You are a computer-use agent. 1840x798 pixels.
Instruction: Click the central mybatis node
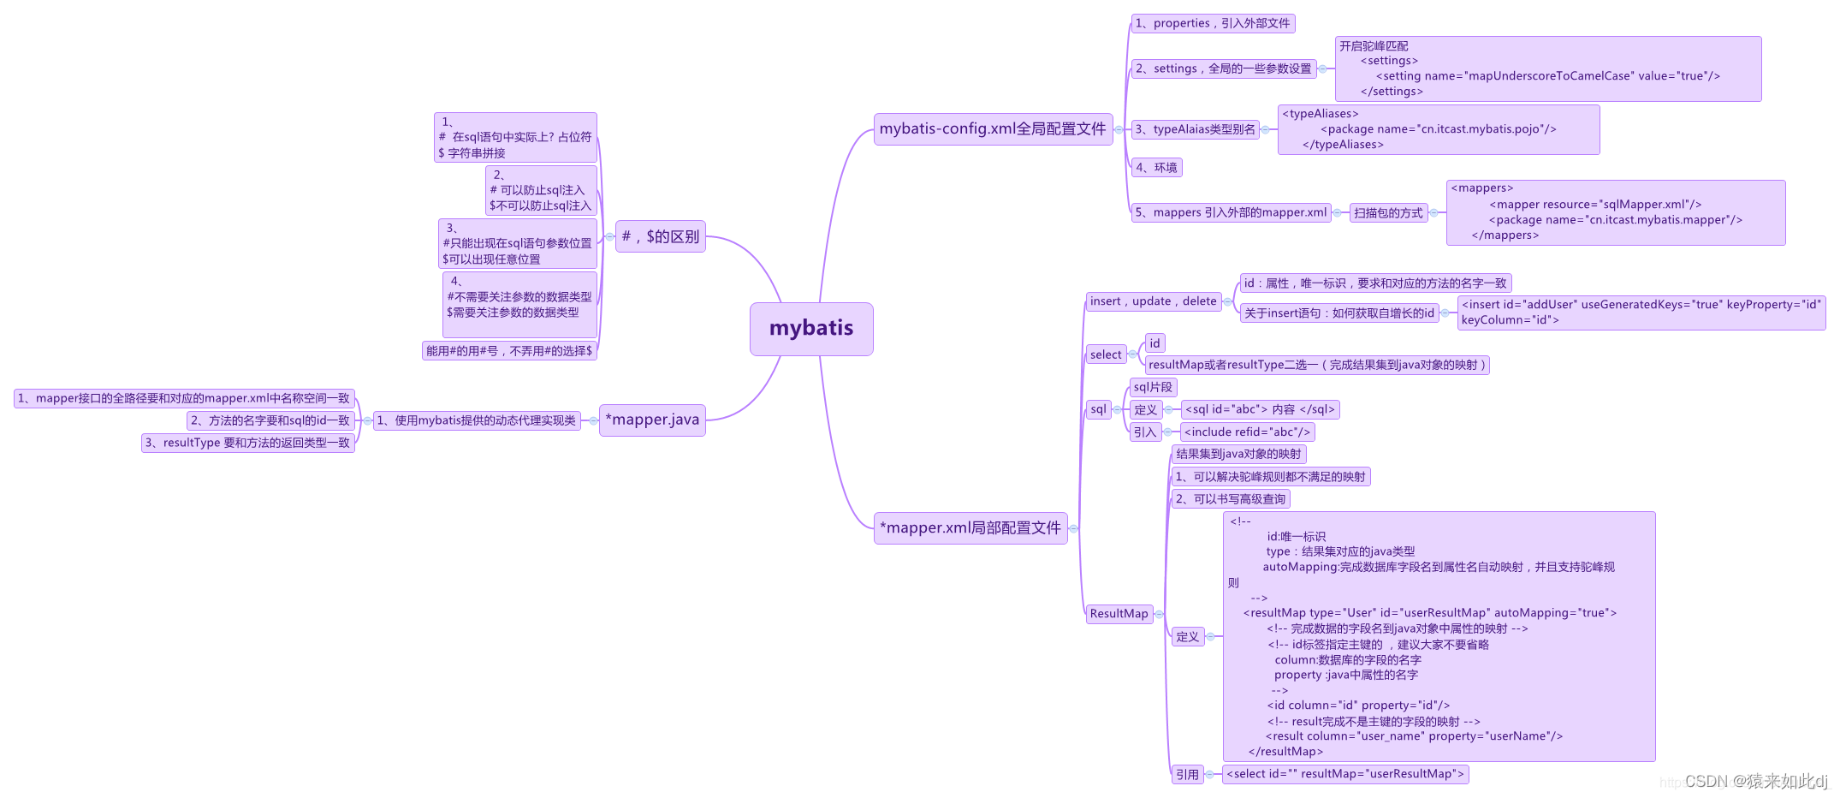click(x=810, y=329)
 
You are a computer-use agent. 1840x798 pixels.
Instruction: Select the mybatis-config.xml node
click(x=993, y=129)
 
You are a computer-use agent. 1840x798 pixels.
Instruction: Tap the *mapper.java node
click(x=652, y=420)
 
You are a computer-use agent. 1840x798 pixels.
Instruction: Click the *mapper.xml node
click(x=970, y=528)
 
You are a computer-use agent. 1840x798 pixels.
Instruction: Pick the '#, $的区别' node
click(x=660, y=236)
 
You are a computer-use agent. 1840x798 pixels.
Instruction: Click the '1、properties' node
click(x=1212, y=23)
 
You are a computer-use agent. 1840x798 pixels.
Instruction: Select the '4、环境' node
click(x=1156, y=168)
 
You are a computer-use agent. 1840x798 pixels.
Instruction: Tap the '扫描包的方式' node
click(x=1388, y=213)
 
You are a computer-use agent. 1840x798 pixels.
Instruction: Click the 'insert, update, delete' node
click(x=1153, y=301)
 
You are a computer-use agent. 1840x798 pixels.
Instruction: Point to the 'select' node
click(x=1106, y=354)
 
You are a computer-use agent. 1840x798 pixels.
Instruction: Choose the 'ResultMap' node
click(x=1119, y=614)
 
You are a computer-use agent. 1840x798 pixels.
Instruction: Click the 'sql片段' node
click(x=1153, y=387)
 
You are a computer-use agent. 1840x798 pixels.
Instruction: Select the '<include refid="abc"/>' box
click(x=1247, y=432)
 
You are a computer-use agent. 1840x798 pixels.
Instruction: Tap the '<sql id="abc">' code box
click(x=1260, y=410)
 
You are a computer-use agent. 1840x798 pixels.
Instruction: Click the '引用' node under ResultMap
click(x=1187, y=775)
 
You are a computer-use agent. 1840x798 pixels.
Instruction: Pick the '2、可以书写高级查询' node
click(x=1231, y=499)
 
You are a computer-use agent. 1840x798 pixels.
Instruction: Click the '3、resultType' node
click(x=247, y=443)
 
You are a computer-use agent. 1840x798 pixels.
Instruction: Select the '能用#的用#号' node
click(x=509, y=351)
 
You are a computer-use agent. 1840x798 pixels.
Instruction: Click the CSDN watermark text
click(x=1754, y=781)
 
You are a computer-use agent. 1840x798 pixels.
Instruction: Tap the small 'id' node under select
click(x=1154, y=343)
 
